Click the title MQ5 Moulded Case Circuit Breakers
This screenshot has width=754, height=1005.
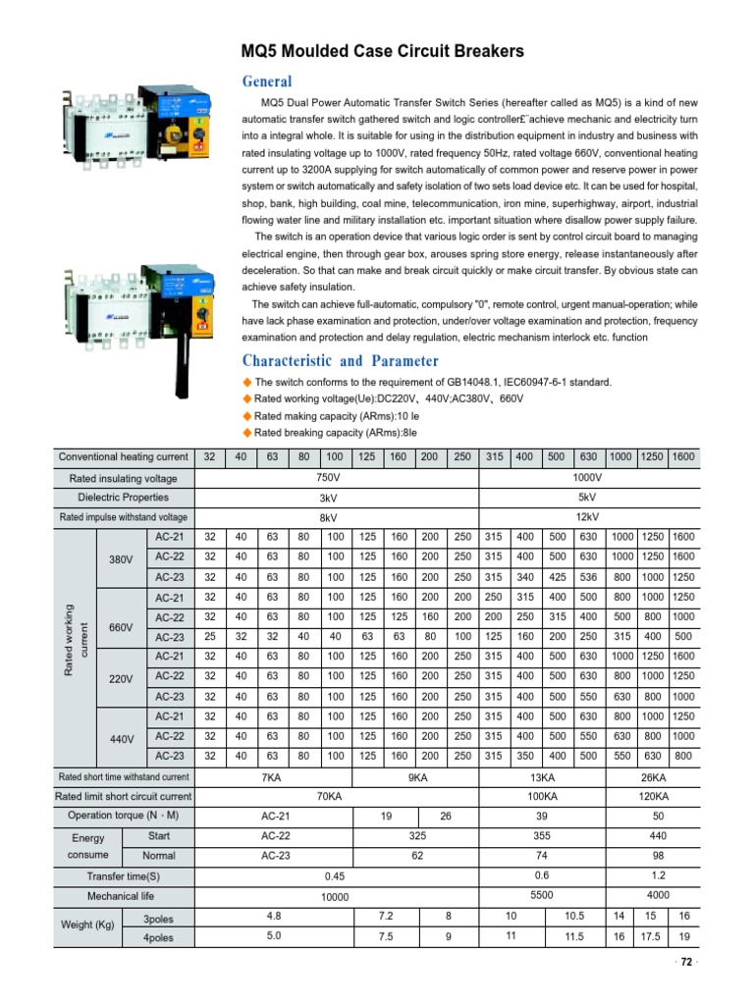pos(383,52)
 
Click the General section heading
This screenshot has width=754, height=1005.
pos(267,81)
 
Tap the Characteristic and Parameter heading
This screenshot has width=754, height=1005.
pos(340,360)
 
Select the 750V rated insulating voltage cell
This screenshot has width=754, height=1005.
pos(336,478)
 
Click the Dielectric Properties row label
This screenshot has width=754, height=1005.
pos(123,498)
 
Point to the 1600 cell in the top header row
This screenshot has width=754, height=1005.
pos(683,457)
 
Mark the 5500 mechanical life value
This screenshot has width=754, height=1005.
pos(543,895)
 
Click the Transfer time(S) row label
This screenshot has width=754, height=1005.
pos(123,876)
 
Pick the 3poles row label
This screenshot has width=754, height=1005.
pos(158,920)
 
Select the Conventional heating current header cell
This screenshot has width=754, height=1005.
pos(123,457)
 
